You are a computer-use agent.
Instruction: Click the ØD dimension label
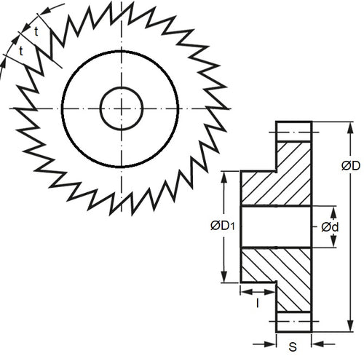point(350,166)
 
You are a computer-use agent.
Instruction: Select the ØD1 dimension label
point(220,227)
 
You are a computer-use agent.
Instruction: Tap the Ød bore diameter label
point(330,227)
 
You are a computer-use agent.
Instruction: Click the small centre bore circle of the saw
point(120,108)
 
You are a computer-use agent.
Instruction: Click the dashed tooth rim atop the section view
point(294,131)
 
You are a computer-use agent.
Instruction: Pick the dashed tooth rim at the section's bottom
point(294,324)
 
